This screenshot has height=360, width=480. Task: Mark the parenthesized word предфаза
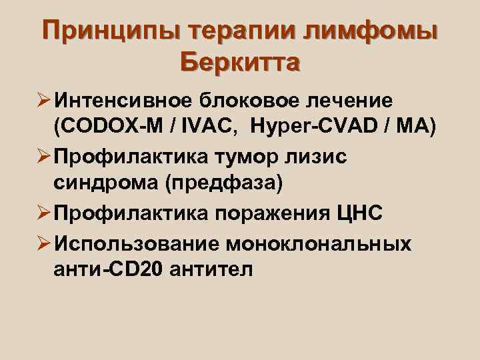[227, 182]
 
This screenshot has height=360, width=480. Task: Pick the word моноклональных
[320, 243]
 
